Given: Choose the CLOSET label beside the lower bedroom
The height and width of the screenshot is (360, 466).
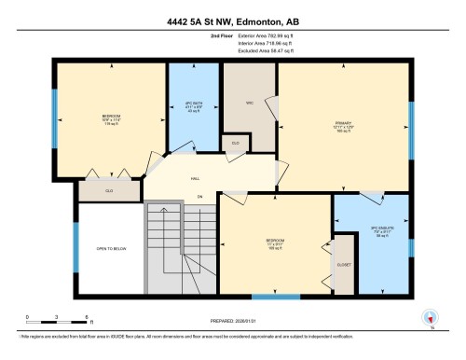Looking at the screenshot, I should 343,263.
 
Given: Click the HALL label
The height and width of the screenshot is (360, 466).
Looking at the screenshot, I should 196,176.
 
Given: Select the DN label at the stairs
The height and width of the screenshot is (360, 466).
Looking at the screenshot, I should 199,197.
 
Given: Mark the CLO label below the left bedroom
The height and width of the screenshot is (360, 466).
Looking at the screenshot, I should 110,190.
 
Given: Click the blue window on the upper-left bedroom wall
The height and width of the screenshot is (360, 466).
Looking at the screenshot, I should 55,118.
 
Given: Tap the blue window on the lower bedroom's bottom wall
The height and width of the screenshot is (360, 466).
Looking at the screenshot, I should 276,297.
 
